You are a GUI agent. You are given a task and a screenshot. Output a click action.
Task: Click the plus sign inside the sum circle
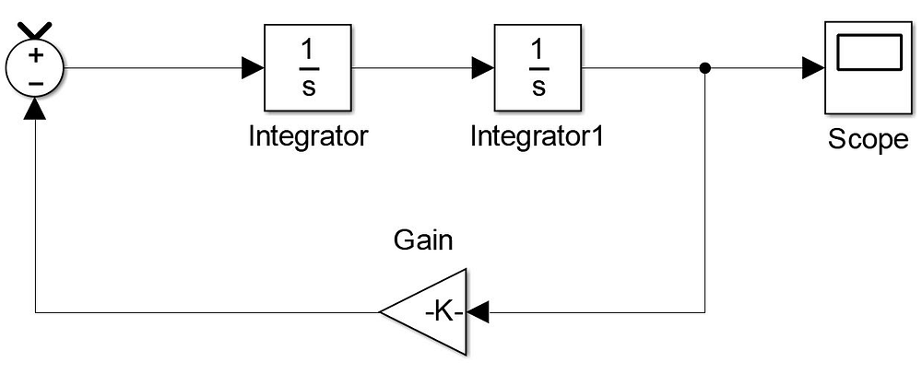[x=35, y=55]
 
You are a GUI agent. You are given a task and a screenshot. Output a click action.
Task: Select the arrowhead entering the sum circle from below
[x=35, y=109]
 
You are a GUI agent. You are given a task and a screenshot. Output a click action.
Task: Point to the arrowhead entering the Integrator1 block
[x=482, y=67]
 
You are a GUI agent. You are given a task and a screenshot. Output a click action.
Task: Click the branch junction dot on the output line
[x=705, y=67]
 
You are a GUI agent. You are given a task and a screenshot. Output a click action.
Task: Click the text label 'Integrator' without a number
[x=309, y=136]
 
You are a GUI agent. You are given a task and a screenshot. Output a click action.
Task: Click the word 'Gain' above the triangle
[x=424, y=241]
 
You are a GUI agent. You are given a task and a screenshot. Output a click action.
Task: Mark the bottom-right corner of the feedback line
[x=705, y=312]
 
